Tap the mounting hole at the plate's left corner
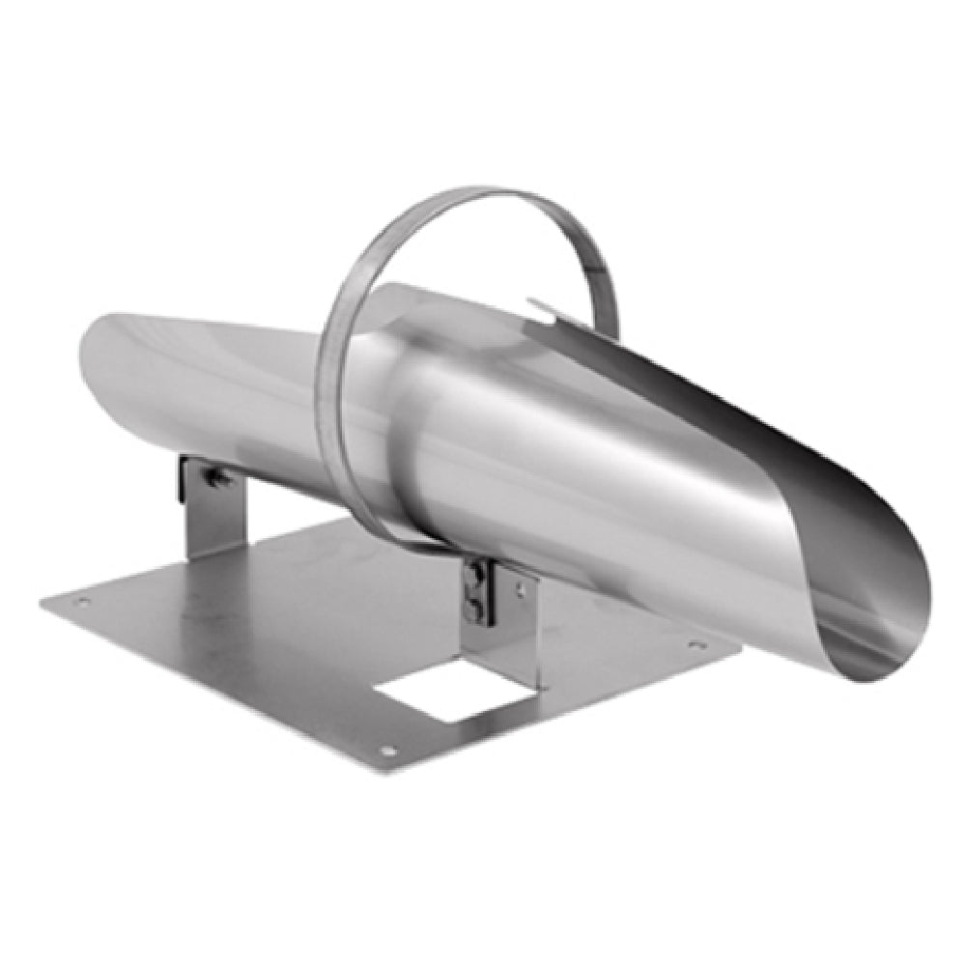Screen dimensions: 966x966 [x=82, y=602]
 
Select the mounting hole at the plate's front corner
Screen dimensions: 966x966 [x=387, y=750]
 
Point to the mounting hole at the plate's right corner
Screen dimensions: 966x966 [x=694, y=643]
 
